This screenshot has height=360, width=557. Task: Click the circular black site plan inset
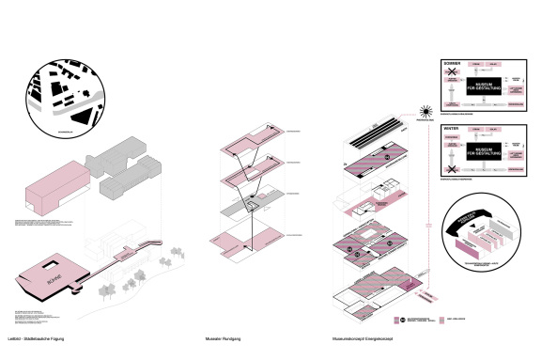pos(70,94)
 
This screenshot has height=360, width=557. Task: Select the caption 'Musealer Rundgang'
pos(223,337)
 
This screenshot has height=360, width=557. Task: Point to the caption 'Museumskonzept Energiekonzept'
pos(364,337)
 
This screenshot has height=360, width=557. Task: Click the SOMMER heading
pos(450,63)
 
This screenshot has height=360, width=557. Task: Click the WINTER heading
pos(450,128)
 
